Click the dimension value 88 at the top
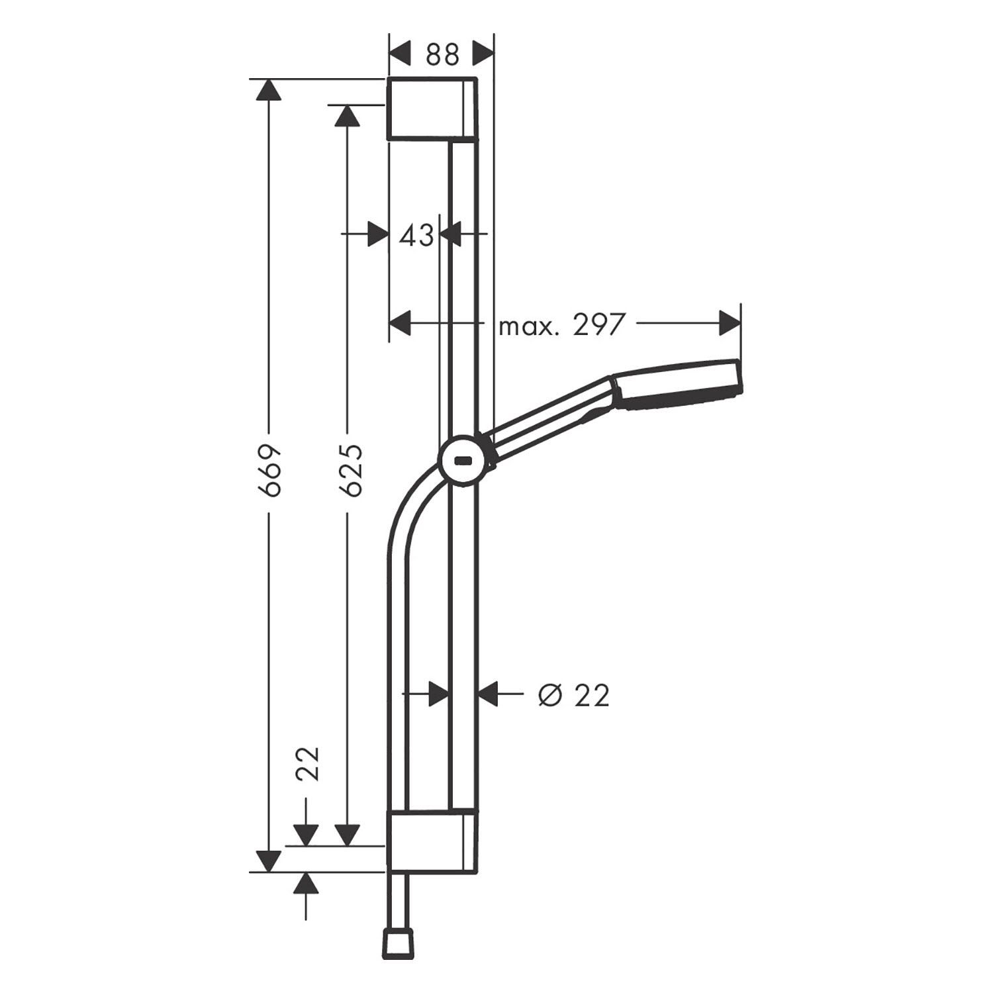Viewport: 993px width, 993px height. coord(442,55)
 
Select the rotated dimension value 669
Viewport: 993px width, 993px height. coord(271,470)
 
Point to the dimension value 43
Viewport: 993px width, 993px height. coord(417,234)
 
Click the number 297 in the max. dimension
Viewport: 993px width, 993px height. coord(598,325)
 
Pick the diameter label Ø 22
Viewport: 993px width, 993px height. coord(573,696)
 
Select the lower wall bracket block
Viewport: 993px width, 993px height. coord(431,840)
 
